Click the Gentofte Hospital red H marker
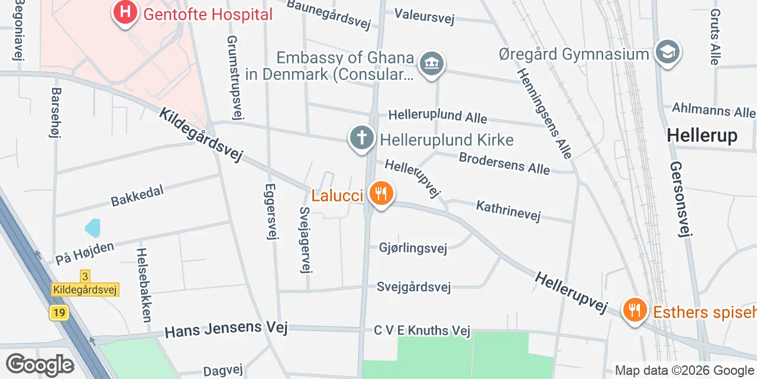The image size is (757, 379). pyautogui.click(x=125, y=12)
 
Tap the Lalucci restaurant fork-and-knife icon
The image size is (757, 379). pyautogui.click(x=381, y=193)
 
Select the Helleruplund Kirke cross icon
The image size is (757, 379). pyautogui.click(x=362, y=138)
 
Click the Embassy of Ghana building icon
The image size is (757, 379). pyautogui.click(x=432, y=63)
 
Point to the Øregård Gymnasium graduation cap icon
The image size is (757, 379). pyautogui.click(x=667, y=52)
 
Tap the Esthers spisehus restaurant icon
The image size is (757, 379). pyautogui.click(x=635, y=309)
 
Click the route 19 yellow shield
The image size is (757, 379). pyautogui.click(x=59, y=313)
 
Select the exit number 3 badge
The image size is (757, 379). pyautogui.click(x=86, y=277)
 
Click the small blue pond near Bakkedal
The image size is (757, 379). pyautogui.click(x=93, y=227)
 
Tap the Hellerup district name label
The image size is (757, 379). pyautogui.click(x=702, y=136)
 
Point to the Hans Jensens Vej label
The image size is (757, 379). pyautogui.click(x=226, y=329)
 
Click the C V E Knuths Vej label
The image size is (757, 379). pyautogui.click(x=422, y=330)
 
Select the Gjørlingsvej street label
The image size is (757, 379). pyautogui.click(x=412, y=248)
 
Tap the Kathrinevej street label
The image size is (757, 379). pyautogui.click(x=508, y=211)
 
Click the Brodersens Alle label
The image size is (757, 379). pyautogui.click(x=504, y=163)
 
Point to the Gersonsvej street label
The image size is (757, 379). pyautogui.click(x=680, y=199)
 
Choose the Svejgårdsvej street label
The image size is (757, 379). pyautogui.click(x=413, y=287)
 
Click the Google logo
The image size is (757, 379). pyautogui.click(x=40, y=365)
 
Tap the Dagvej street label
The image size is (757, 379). pyautogui.click(x=223, y=371)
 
